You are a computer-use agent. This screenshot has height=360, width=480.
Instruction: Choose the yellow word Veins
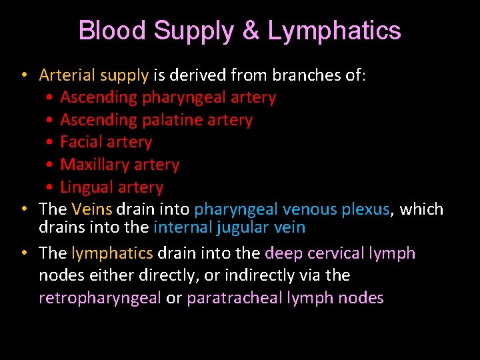(x=91, y=209)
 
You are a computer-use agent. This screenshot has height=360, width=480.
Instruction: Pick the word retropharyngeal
(x=100, y=298)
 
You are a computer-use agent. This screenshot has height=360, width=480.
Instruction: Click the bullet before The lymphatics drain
(x=23, y=253)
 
